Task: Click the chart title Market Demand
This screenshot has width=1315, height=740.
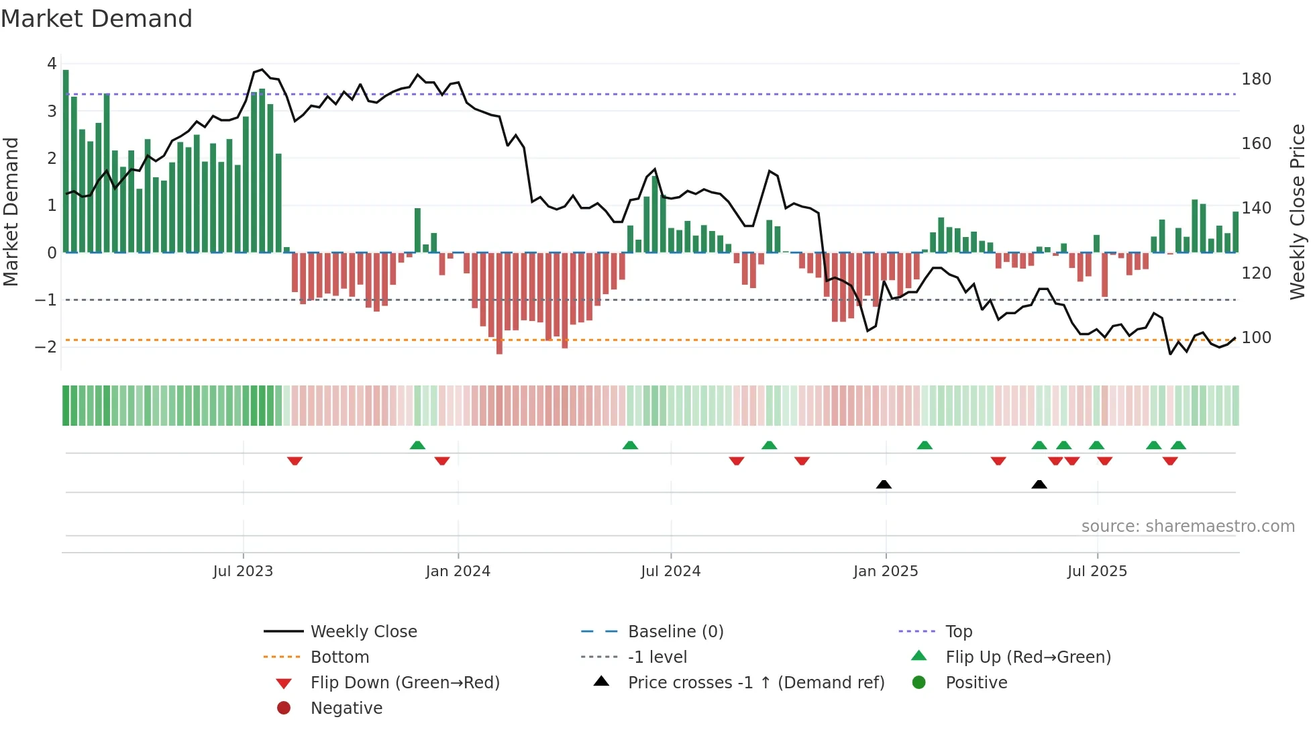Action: pos(97,19)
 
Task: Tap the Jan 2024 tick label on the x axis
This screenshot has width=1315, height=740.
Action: pos(458,571)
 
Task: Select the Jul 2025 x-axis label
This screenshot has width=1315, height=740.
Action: pos(1097,571)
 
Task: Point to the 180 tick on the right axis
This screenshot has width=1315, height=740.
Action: pos(1256,79)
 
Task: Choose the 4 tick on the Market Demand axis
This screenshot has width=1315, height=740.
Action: pos(52,64)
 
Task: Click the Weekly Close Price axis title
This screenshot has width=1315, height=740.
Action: pos(1298,212)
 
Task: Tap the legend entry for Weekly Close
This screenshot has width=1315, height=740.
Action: pos(363,632)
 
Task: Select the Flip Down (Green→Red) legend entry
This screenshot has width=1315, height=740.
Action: pos(405,683)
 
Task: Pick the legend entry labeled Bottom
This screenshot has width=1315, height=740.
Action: pos(339,657)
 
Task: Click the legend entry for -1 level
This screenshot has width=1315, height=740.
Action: pos(657,657)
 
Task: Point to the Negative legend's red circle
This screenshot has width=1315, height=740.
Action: pos(284,708)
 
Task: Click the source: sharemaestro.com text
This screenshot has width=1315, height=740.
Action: pos(1188,526)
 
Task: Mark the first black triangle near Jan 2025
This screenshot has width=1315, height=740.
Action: pos(884,484)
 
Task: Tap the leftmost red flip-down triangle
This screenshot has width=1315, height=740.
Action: pos(295,461)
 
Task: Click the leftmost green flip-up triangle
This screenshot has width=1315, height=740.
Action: pos(417,445)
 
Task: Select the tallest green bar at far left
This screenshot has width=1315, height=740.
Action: pos(66,161)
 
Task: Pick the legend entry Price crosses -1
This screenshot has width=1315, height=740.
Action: pos(755,683)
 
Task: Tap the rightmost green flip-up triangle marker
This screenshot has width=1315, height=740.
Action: pos(1178,445)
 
